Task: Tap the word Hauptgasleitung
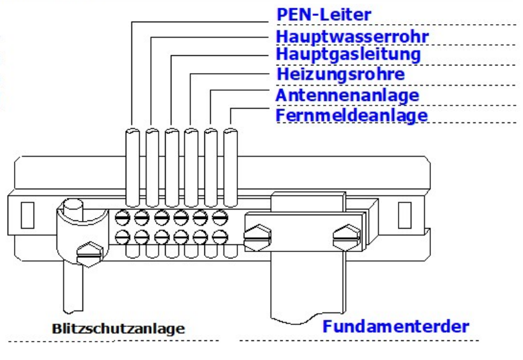[348, 55]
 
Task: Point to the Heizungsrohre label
[341, 74]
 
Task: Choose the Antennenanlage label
[347, 95]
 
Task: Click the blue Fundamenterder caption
[395, 328]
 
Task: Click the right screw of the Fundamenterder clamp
[342, 237]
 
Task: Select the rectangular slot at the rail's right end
[404, 215]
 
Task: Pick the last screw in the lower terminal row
[219, 239]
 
